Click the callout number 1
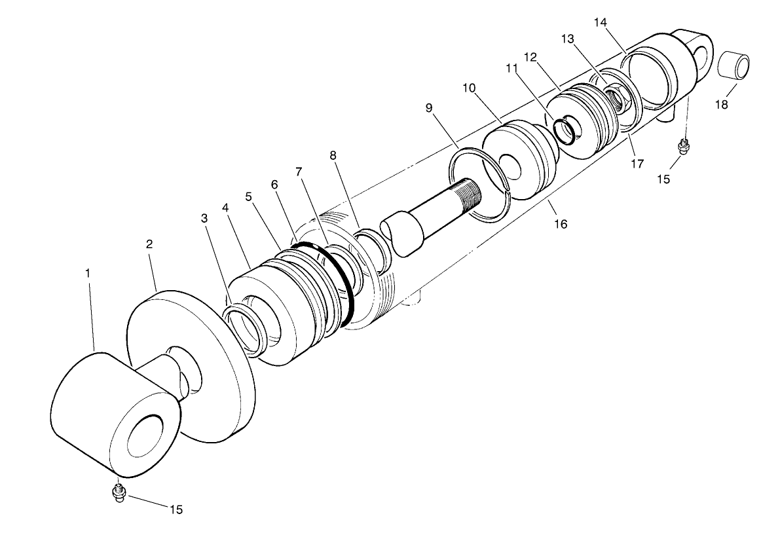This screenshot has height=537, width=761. pos(88,273)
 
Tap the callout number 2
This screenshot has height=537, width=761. pos(149,244)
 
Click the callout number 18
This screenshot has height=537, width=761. pos(721,105)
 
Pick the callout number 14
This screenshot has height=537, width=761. pos(601,22)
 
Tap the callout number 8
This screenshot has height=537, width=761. pos(333,155)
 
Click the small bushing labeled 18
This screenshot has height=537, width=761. pos(733,67)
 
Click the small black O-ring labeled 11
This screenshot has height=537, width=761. pos(564,130)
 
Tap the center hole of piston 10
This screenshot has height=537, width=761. pos(511,166)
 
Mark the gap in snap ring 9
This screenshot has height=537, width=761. pos(510,191)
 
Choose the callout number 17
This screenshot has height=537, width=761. pos(637,164)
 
